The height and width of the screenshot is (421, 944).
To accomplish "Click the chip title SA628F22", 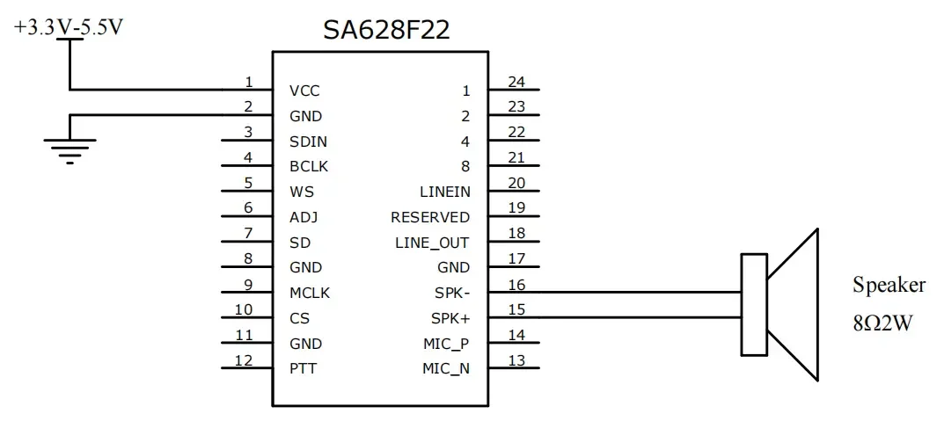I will pyautogui.click(x=386, y=30).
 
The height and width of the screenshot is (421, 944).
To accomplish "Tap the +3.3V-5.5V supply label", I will pyautogui.click(x=68, y=27).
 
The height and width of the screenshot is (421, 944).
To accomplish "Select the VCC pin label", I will pyautogui.click(x=304, y=91).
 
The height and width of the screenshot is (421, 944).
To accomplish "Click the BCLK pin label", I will pyautogui.click(x=308, y=166).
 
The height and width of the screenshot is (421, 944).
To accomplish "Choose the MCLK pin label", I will pyautogui.click(x=309, y=293).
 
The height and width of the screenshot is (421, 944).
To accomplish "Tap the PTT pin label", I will pyautogui.click(x=303, y=368).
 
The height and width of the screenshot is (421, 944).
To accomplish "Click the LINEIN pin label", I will pyautogui.click(x=444, y=192).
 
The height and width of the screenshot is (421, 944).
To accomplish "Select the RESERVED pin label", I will pyautogui.click(x=430, y=217).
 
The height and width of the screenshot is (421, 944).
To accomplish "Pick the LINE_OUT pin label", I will pyautogui.click(x=432, y=243).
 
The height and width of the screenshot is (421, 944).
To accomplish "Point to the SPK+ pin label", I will pyautogui.click(x=450, y=318).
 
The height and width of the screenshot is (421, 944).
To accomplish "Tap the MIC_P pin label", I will pyautogui.click(x=446, y=344).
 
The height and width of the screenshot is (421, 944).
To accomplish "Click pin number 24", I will pyautogui.click(x=516, y=82).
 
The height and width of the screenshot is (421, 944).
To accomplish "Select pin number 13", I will pyautogui.click(x=516, y=359).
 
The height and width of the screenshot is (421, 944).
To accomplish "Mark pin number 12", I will pyautogui.click(x=244, y=359).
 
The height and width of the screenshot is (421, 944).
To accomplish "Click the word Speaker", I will pyautogui.click(x=889, y=285).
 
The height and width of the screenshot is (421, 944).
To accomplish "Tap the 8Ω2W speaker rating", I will pyautogui.click(x=881, y=323).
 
